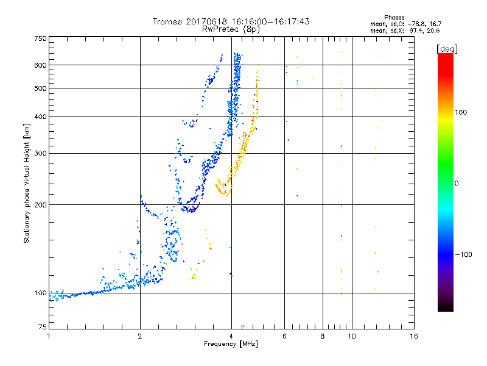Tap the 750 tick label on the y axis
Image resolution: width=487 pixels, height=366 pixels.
pos(41,38)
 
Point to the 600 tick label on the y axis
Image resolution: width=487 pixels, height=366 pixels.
pos(41,65)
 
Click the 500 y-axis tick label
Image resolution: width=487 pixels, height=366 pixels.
pos(41,88)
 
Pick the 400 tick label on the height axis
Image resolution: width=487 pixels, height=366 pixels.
pos(41,117)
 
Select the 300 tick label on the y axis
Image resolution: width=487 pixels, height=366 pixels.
pos(41,153)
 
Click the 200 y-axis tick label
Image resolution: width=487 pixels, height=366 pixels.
pos(41,204)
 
